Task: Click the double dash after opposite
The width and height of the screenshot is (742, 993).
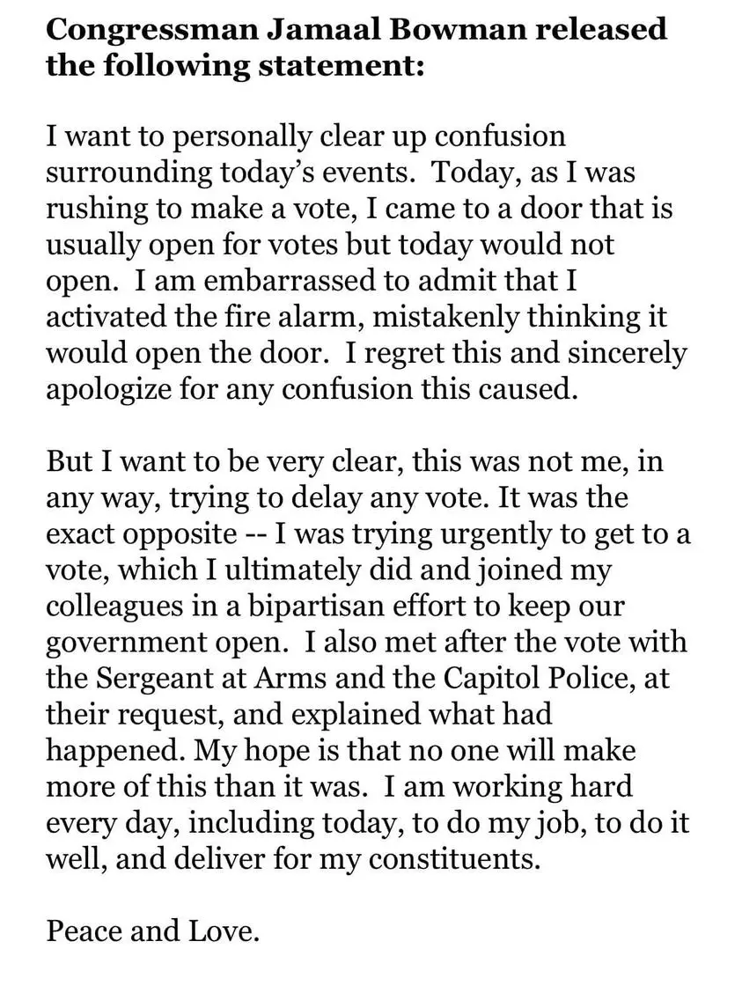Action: [251, 533]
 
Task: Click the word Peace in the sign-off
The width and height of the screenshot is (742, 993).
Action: [84, 930]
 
